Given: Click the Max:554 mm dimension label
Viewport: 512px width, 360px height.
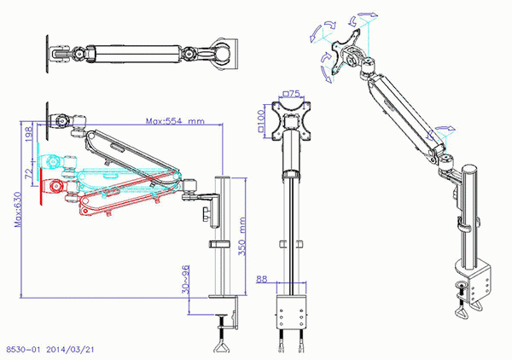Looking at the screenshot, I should click(x=175, y=122).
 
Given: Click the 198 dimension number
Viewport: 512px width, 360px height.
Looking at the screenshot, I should click(x=30, y=135).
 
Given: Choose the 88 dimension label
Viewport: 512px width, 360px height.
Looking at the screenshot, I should click(x=261, y=278).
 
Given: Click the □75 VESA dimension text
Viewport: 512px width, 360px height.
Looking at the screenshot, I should click(x=292, y=94).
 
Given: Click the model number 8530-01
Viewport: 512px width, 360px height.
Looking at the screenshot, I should click(x=23, y=349).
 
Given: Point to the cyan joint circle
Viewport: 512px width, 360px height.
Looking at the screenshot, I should click(x=55, y=160).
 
